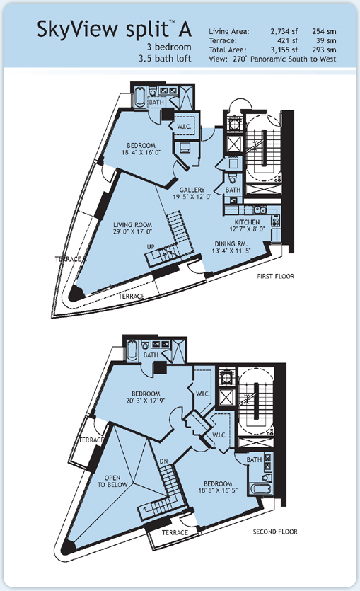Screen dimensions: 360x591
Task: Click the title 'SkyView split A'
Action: (115, 29)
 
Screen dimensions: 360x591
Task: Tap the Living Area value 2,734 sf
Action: (284, 32)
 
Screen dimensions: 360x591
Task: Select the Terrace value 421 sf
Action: (288, 40)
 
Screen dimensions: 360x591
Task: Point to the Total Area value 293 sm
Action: (324, 50)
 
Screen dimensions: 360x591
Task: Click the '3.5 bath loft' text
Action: (165, 59)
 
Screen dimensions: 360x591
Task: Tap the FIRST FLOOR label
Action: (275, 276)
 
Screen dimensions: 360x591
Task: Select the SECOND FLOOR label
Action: (275, 532)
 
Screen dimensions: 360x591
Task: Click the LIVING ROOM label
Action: (132, 225)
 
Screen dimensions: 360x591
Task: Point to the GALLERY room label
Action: (192, 190)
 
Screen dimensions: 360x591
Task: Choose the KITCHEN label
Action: (247, 222)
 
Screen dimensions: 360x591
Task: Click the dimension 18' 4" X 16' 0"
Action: (141, 153)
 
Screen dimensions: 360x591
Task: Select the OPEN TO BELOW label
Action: (112, 481)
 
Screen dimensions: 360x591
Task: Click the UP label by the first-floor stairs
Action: (151, 247)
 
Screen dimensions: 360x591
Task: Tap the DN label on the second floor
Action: (164, 461)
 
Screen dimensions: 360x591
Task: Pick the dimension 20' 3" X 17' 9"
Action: (146, 401)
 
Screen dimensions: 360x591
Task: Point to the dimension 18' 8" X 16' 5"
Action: (218, 490)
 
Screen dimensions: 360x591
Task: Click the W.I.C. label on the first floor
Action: (184, 127)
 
